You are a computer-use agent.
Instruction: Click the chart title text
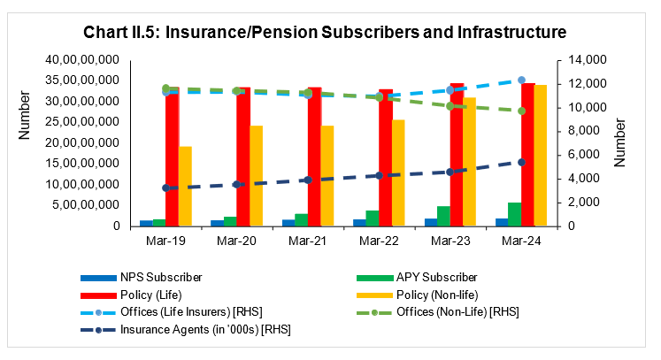click(x=325, y=34)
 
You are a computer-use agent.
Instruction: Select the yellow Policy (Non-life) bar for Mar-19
click(x=186, y=187)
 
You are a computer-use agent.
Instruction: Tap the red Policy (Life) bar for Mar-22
click(x=386, y=159)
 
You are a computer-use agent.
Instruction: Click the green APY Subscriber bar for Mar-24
click(x=514, y=214)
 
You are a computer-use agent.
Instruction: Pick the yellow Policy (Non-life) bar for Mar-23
click(x=471, y=162)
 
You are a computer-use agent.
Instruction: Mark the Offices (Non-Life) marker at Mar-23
click(x=450, y=106)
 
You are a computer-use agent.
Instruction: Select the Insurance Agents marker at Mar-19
click(x=165, y=188)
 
